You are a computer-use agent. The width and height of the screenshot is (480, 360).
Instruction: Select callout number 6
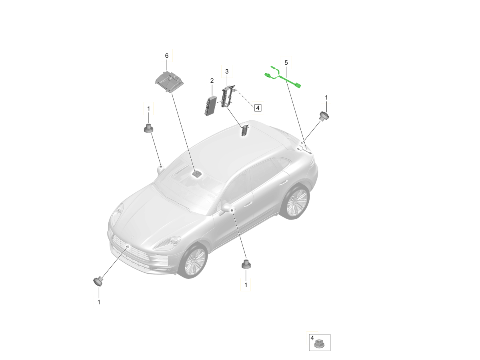(167, 56)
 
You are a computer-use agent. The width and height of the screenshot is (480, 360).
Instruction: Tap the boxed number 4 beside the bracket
(258, 108)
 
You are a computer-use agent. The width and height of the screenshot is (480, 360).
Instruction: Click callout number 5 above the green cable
(286, 63)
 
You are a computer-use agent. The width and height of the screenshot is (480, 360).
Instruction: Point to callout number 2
(212, 81)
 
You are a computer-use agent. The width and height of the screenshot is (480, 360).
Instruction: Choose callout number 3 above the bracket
(227, 72)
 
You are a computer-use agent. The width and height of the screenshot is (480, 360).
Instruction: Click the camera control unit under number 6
(169, 81)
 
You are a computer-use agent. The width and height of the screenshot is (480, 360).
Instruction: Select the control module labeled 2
(211, 106)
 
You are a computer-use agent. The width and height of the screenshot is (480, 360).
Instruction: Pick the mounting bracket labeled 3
(228, 97)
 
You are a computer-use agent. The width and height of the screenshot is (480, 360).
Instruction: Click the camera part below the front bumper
(98, 281)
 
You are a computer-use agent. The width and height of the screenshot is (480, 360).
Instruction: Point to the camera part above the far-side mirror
(149, 128)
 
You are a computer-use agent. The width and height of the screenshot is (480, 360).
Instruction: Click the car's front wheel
(192, 261)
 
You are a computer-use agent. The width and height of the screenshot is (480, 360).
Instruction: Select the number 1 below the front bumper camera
(99, 302)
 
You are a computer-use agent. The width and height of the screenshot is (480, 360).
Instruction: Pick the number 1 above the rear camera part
(326, 98)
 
